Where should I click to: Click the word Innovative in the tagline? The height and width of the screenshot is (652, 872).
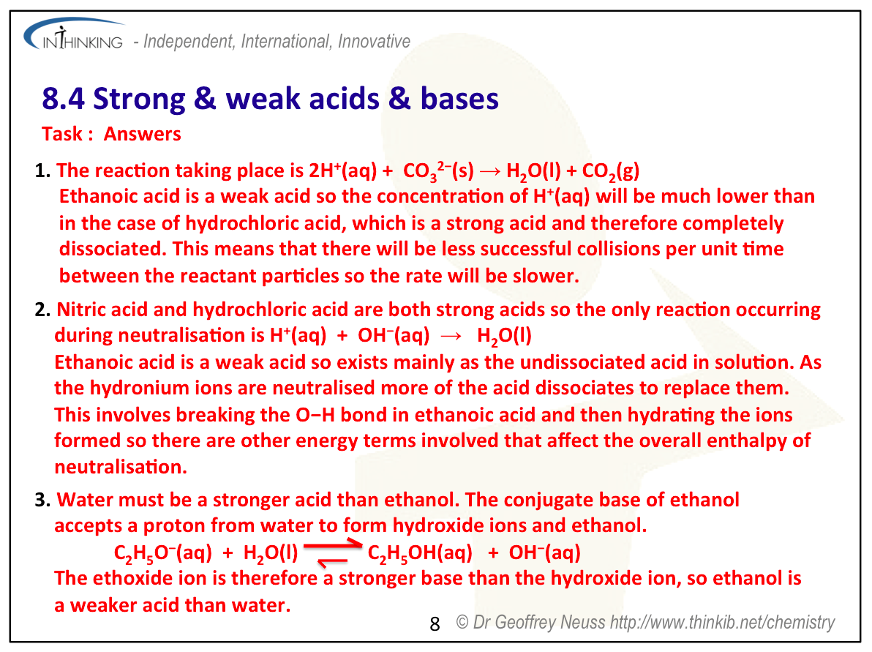374,41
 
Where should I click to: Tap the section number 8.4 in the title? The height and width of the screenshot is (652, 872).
63,99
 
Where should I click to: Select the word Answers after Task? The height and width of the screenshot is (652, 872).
143,134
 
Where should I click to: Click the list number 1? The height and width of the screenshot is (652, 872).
42,171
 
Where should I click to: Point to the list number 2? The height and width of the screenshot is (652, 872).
42,310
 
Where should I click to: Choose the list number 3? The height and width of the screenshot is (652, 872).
42,500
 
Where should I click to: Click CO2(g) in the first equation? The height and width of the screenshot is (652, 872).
611,171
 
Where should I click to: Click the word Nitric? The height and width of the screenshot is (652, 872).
81,310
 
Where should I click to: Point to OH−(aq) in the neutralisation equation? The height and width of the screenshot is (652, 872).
394,335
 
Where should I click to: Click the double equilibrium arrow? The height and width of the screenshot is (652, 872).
333,552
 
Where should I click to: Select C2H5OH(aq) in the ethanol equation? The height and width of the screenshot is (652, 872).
420,553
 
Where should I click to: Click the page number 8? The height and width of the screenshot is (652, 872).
435,624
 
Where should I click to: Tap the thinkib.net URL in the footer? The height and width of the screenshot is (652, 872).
723,622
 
